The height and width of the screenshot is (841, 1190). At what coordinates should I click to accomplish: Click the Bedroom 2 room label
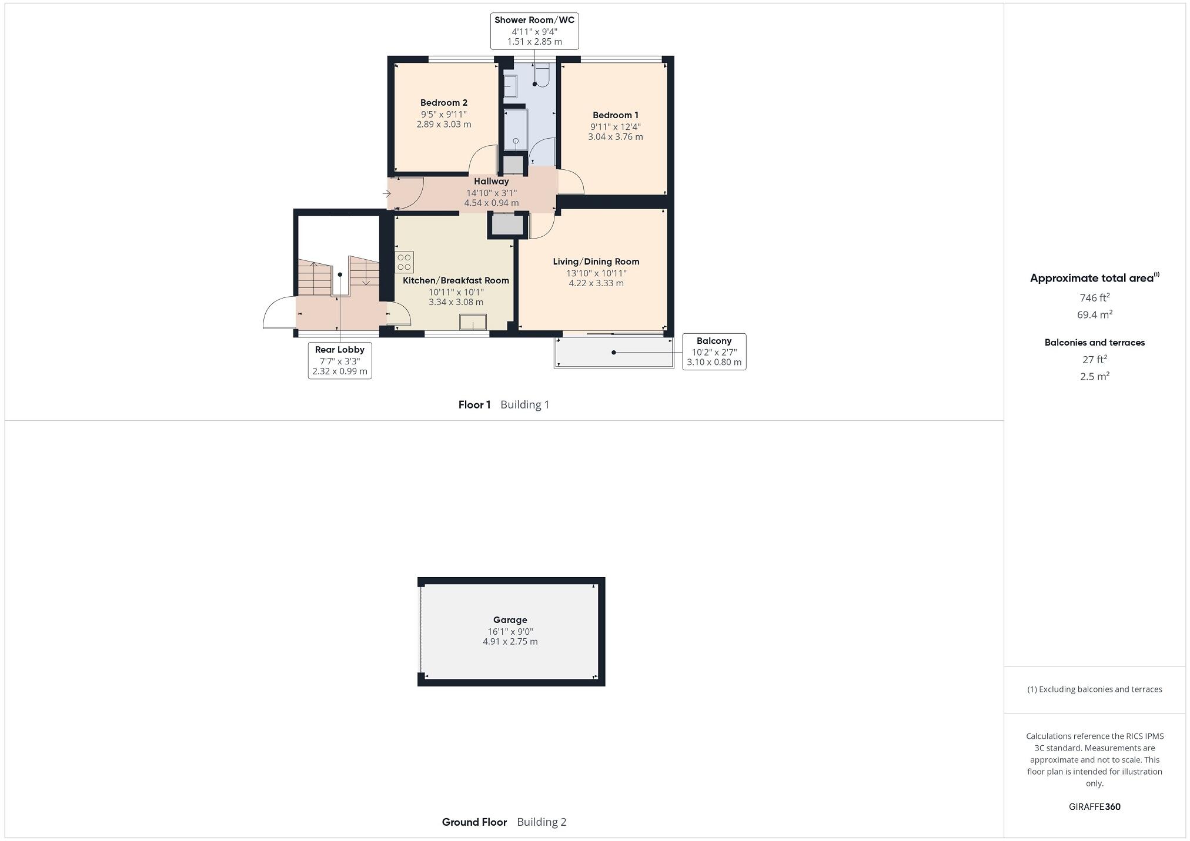pos(443,103)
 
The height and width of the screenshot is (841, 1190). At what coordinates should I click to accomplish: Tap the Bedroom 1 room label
pos(615,115)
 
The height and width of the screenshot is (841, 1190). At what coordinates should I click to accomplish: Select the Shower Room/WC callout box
pos(534,31)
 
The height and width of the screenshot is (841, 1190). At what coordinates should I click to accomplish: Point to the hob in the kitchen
pos(404,262)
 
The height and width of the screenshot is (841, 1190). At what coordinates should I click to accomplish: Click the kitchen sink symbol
pos(473,322)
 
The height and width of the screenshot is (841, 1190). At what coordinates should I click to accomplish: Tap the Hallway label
pos(491,182)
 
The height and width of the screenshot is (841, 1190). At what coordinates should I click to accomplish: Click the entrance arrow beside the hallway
pos(387,193)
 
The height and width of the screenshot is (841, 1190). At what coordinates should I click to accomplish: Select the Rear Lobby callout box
pos(340,360)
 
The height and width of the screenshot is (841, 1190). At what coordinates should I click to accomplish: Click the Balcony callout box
pos(714,351)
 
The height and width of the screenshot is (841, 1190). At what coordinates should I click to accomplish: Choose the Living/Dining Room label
pos(596,262)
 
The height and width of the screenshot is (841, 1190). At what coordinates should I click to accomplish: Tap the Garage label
pos(510,620)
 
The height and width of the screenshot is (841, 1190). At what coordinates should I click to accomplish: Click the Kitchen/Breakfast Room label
pos(456,280)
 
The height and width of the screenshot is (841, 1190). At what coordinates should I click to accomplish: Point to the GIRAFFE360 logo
pos(1094,807)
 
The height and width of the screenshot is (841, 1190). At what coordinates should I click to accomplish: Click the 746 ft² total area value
pos(1094,298)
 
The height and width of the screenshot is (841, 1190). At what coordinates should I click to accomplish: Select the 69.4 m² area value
pos(1094,315)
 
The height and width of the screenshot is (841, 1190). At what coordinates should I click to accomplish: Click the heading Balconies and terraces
pos(1094,343)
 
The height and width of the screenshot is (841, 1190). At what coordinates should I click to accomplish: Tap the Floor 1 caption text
pos(474,405)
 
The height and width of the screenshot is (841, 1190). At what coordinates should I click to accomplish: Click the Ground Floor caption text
pos(474,822)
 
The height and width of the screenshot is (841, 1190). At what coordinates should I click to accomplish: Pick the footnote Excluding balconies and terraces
pos(1094,689)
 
